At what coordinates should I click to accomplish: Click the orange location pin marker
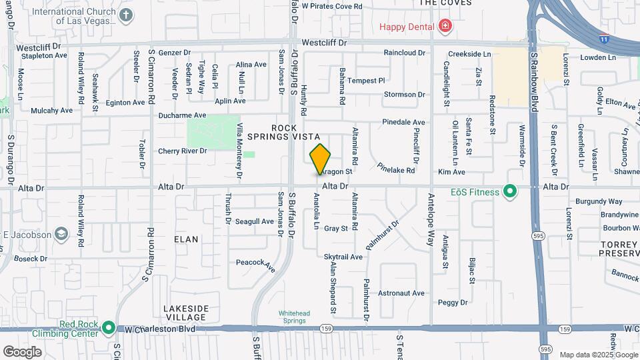(x=320, y=159)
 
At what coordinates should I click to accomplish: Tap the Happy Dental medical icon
(x=445, y=27)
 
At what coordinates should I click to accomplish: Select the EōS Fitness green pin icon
(x=510, y=193)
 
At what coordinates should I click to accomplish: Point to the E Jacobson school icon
(x=61, y=233)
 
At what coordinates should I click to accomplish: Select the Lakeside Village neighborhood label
(x=186, y=313)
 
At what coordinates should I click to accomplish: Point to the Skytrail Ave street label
(x=343, y=257)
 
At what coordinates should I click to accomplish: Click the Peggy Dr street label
(x=453, y=303)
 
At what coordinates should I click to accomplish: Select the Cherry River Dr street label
(x=182, y=151)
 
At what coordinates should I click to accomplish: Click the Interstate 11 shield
(x=604, y=39)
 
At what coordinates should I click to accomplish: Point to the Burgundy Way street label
(x=601, y=201)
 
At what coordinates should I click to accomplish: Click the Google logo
(x=23, y=351)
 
